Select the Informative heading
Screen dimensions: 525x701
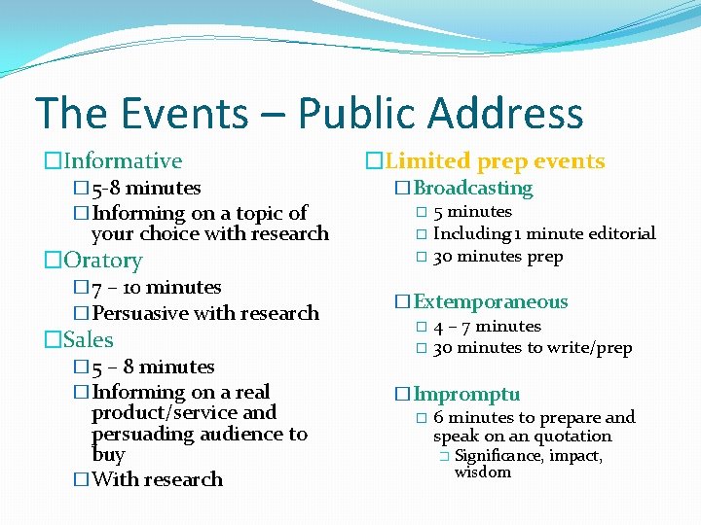point(123,161)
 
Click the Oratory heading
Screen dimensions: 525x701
point(103,261)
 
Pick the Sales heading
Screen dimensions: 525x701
point(89,340)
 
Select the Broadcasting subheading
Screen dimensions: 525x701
point(473,188)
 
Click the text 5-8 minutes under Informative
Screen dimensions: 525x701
point(146,188)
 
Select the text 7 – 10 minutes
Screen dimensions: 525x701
point(156,288)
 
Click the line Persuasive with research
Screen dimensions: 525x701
point(204,313)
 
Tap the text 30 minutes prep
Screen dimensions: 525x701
point(498,257)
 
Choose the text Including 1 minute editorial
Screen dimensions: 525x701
point(544,233)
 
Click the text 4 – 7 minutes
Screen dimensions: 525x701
point(487,327)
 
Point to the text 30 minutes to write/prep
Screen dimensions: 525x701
point(533,348)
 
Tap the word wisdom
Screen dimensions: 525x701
point(483,472)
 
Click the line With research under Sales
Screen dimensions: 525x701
point(157,479)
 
